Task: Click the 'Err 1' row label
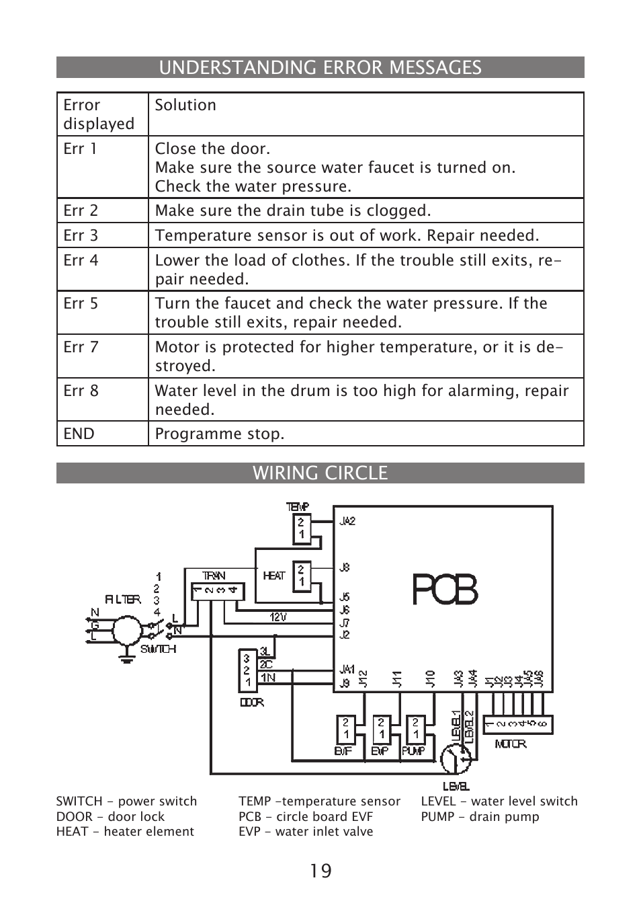pyautogui.click(x=81, y=149)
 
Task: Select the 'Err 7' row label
pyautogui.click(x=81, y=347)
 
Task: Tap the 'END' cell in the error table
pyautogui.click(x=79, y=434)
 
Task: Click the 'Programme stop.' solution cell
pyautogui.click(x=220, y=434)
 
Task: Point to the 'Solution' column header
pyautogui.click(x=185, y=105)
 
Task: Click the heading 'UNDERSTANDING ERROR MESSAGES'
pyautogui.click(x=320, y=67)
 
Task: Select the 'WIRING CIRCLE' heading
pyautogui.click(x=320, y=473)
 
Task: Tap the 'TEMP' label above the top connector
pyautogui.click(x=298, y=506)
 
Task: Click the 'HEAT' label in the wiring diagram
pyautogui.click(x=273, y=576)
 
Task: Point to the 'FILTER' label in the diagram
pyautogui.click(x=122, y=599)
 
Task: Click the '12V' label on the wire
pyautogui.click(x=278, y=617)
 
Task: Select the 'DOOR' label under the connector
pyautogui.click(x=251, y=703)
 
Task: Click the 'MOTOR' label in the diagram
pyautogui.click(x=511, y=744)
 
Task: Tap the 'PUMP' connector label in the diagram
pyautogui.click(x=413, y=751)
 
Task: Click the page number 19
pyautogui.click(x=320, y=871)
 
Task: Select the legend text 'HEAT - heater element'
pyautogui.click(x=125, y=832)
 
